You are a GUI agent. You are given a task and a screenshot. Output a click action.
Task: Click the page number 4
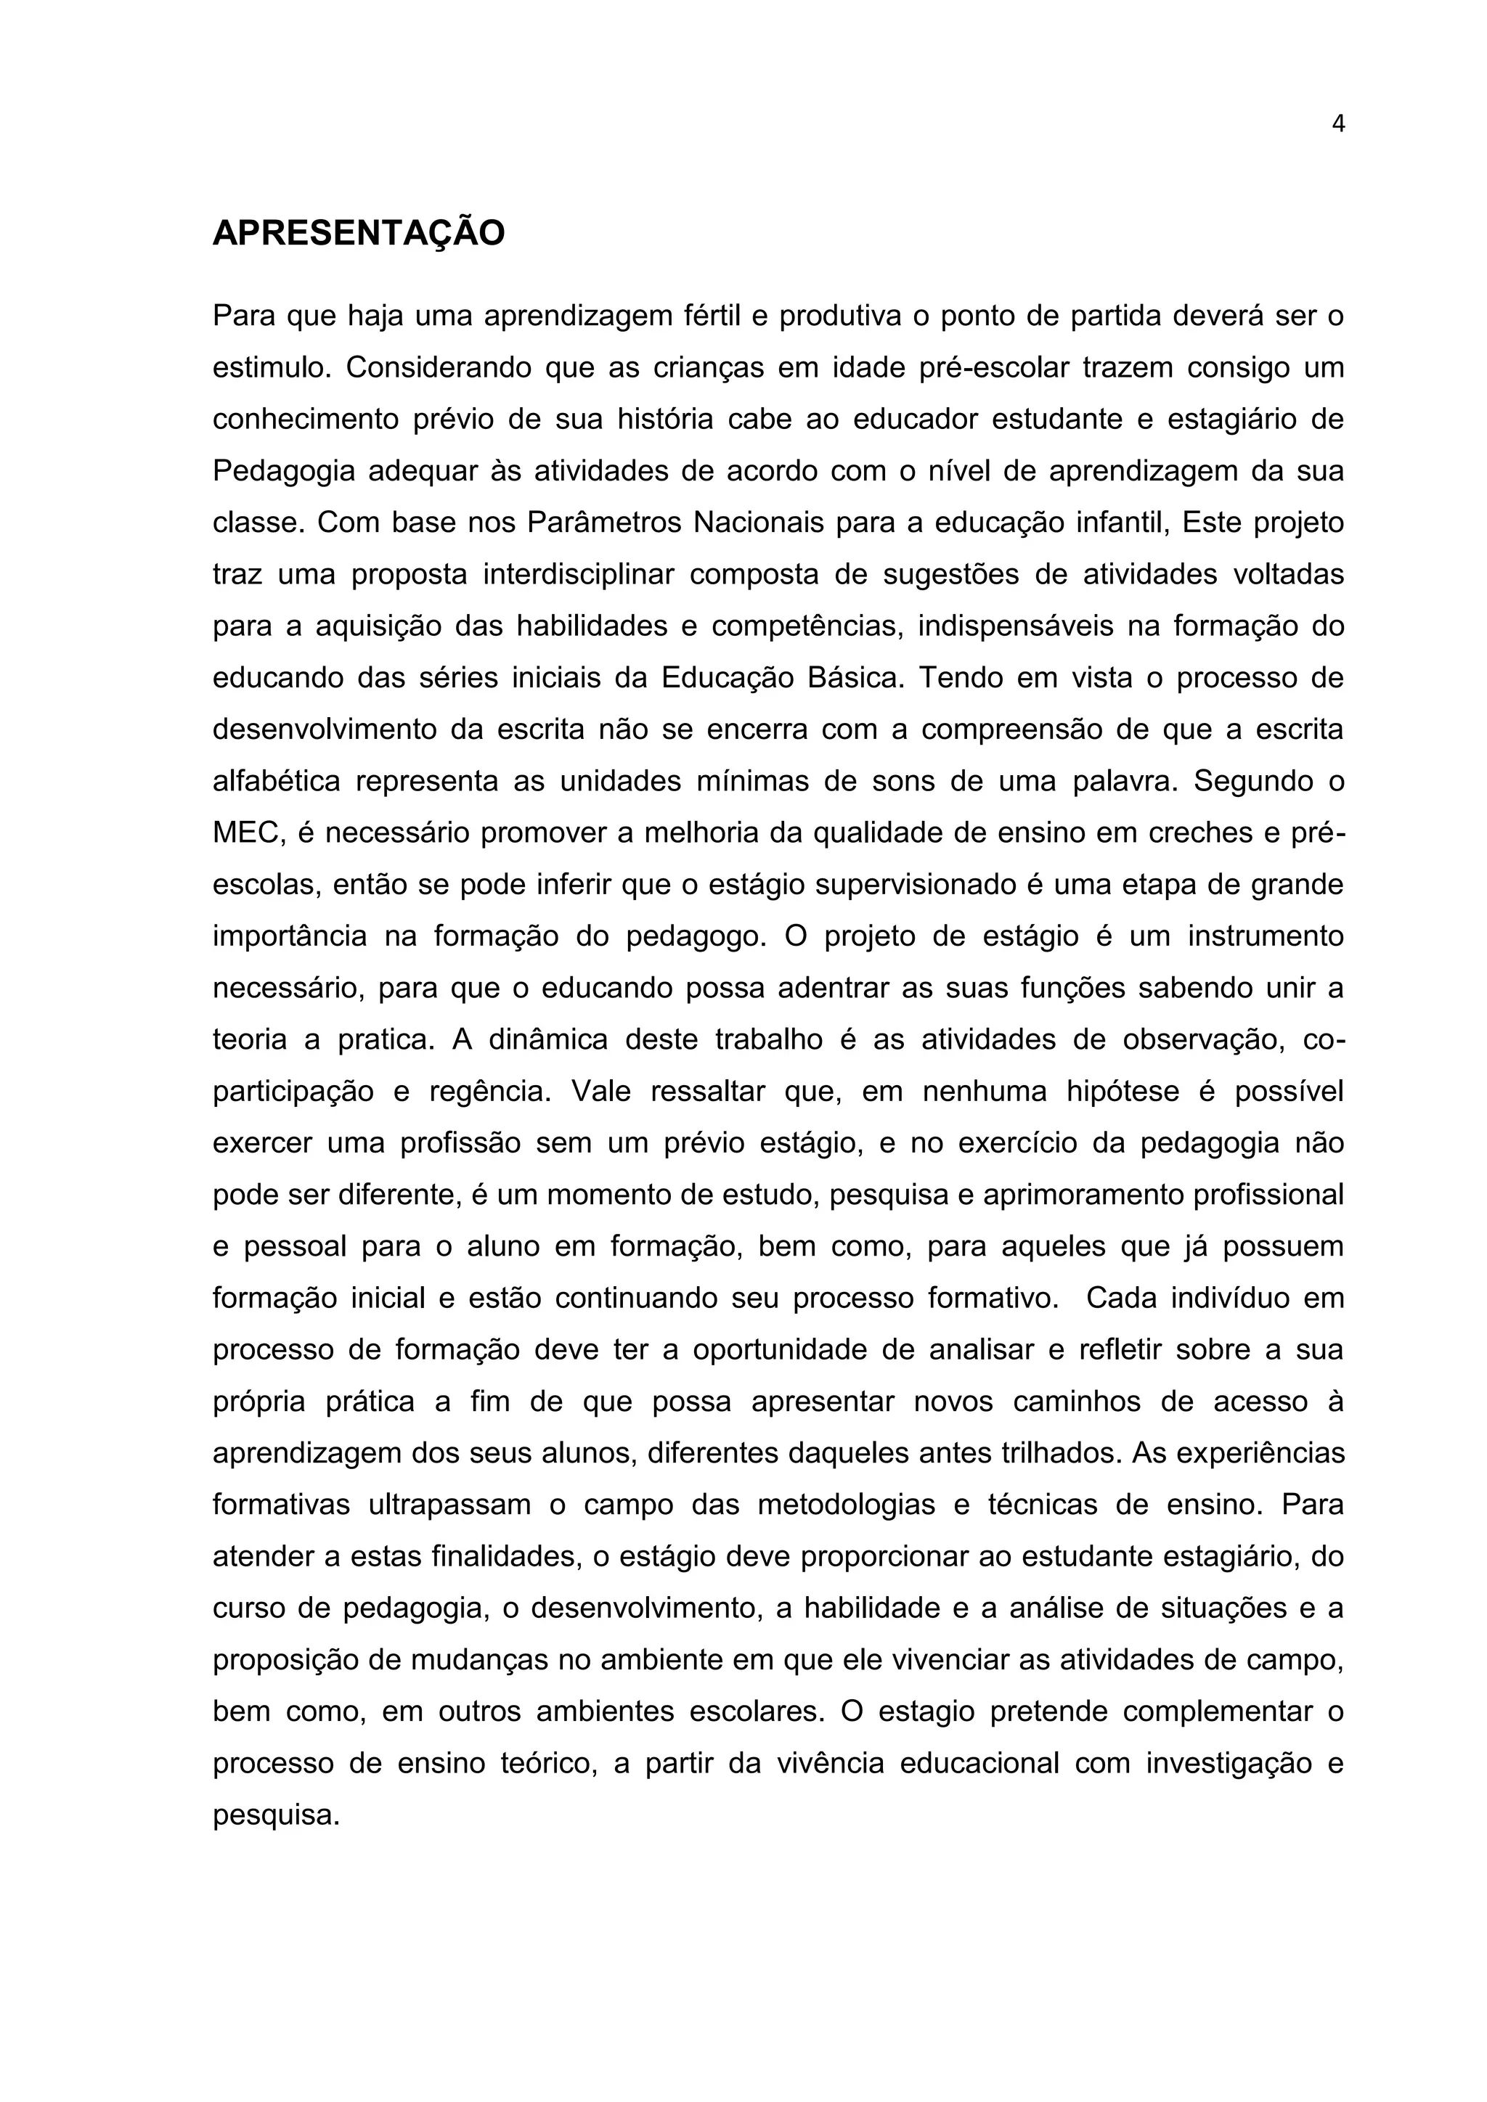click(1337, 125)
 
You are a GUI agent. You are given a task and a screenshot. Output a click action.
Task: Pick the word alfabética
click(277, 782)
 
